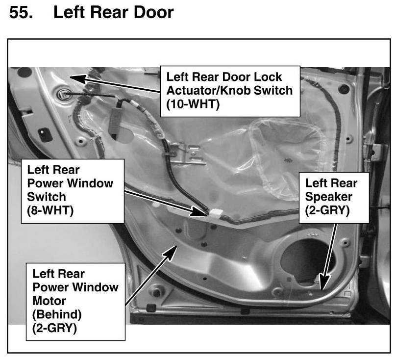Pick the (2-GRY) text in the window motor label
54,328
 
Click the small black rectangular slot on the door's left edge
45,133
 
